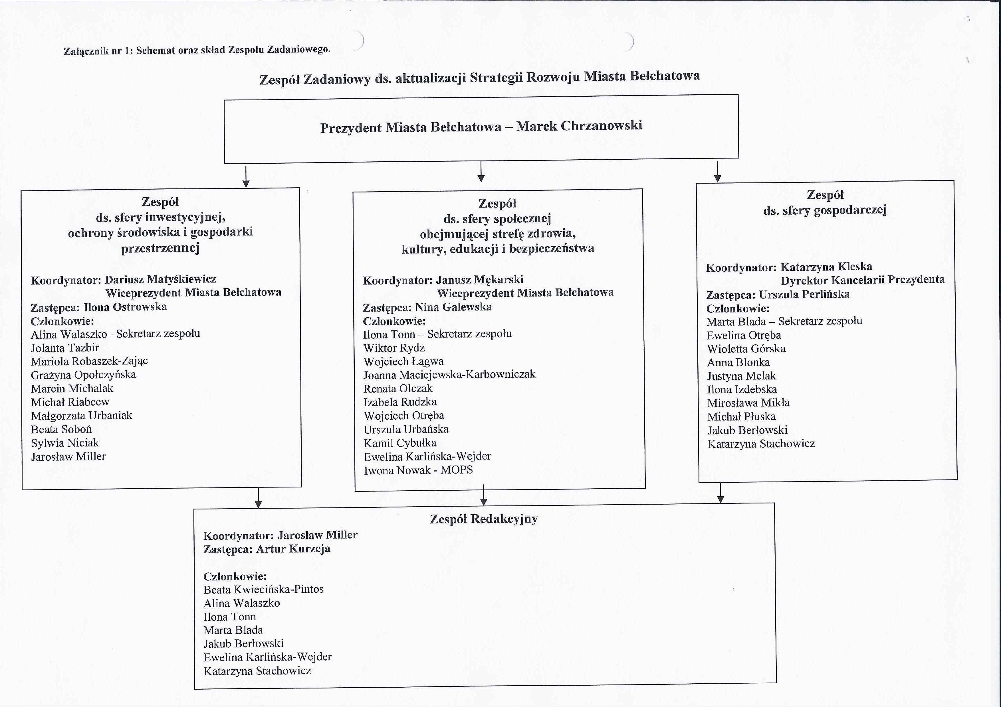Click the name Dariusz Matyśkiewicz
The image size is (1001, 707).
click(160, 279)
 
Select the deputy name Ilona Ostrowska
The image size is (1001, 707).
click(125, 307)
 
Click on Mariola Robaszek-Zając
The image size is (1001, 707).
click(89, 361)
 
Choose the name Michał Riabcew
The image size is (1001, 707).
click(70, 402)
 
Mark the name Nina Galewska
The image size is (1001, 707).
click(453, 307)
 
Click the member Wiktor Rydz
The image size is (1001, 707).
click(394, 348)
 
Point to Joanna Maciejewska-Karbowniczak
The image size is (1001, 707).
click(449, 375)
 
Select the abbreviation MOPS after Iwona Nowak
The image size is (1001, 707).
click(457, 470)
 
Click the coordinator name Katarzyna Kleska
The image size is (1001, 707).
click(826, 267)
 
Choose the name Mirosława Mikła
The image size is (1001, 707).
click(748, 403)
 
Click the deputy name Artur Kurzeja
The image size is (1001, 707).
click(293, 549)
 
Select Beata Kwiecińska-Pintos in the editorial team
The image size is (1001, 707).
click(263, 589)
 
